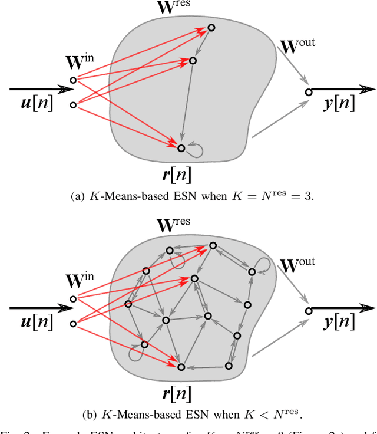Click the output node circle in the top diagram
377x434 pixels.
pyautogui.click(x=308, y=92)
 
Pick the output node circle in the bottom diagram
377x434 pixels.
pyautogui.click(x=308, y=310)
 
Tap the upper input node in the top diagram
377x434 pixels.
pyautogui.click(x=73, y=80)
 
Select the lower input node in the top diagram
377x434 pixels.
pyautogui.click(x=73, y=105)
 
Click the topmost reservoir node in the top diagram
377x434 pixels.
pyautogui.click(x=211, y=27)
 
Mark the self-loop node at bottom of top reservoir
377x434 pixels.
pyautogui.click(x=181, y=148)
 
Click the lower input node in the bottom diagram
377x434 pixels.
pyautogui.click(x=73, y=324)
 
